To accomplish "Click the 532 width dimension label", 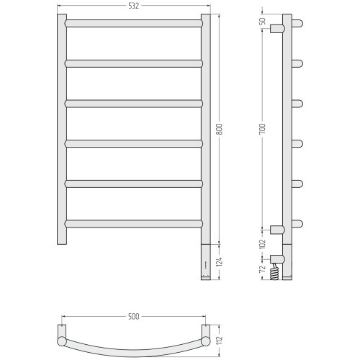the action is [x=133, y=6].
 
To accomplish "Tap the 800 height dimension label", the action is [x=220, y=129].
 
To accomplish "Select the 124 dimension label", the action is [x=220, y=262].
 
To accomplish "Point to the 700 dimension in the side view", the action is [x=263, y=129].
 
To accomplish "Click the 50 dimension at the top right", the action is [x=263, y=21].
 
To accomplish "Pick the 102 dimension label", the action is [x=263, y=244].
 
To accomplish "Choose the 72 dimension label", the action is [x=263, y=269].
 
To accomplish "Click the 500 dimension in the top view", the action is [x=133, y=317].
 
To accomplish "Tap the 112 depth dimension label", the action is [x=220, y=340].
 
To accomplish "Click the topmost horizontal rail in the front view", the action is [x=134, y=23].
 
